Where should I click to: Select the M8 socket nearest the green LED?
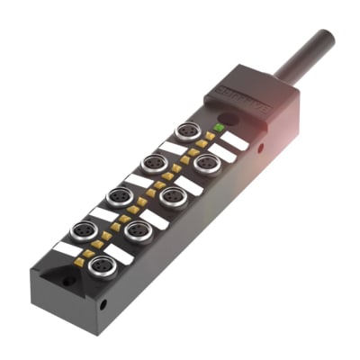pyautogui.click(x=186, y=131)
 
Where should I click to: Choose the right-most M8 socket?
pyautogui.click(x=207, y=163)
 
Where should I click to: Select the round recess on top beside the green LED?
pyautogui.click(x=227, y=118)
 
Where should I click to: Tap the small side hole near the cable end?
pyautogui.click(x=261, y=147)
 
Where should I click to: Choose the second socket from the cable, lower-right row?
pyautogui.click(x=174, y=196)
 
